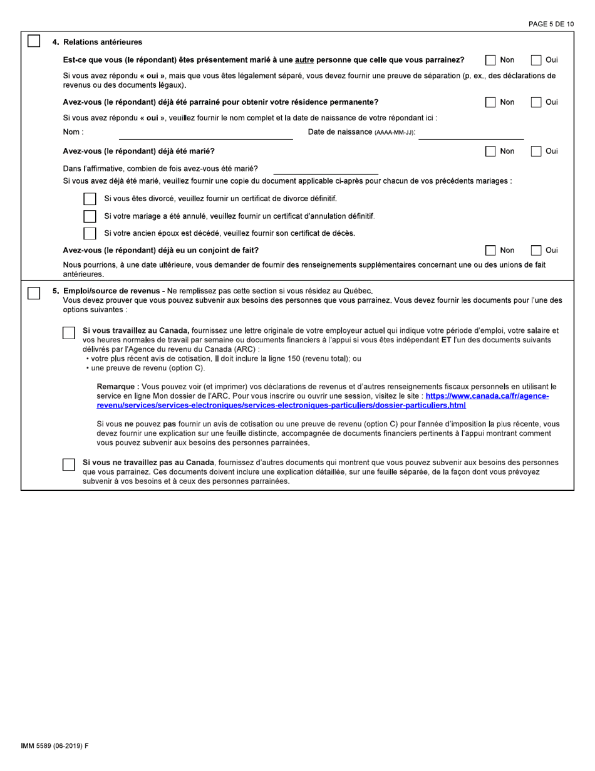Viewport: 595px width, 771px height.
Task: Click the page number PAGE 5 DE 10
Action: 551,24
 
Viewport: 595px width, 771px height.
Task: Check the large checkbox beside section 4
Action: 34,41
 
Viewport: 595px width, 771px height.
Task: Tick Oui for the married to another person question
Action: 536,60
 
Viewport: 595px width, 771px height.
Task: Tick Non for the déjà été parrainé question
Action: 491,102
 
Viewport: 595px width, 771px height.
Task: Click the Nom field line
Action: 205,133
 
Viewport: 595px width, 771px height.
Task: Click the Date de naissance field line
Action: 471,133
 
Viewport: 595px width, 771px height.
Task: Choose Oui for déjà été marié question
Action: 536,151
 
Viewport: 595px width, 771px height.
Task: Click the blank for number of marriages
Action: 326,169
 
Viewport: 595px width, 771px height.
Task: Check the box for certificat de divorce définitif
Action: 90,199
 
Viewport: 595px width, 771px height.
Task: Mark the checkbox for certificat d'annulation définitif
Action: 90,216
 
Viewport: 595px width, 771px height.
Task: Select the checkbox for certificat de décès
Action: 90,233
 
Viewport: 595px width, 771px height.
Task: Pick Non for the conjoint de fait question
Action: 491,250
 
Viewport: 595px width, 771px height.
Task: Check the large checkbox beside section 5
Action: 34,293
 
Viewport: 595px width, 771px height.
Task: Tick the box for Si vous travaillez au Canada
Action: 69,333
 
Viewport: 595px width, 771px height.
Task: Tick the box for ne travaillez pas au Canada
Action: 69,464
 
